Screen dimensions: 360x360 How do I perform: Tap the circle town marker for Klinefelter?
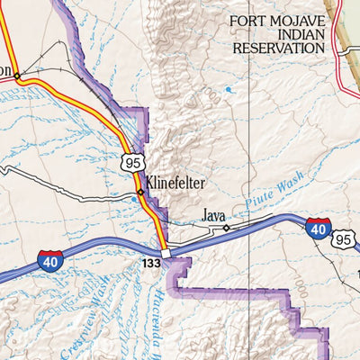tap(139, 192)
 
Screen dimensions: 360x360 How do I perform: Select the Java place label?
tap(213, 216)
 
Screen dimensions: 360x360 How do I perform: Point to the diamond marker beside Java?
tap(226, 228)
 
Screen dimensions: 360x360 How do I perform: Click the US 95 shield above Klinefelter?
tap(131, 161)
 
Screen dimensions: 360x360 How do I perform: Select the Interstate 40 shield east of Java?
tap(318, 229)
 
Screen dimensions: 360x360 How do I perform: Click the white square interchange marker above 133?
tap(166, 254)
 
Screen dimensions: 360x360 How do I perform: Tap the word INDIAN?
tap(276, 33)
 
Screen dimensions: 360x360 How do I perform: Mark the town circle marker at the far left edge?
tap(16, 76)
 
